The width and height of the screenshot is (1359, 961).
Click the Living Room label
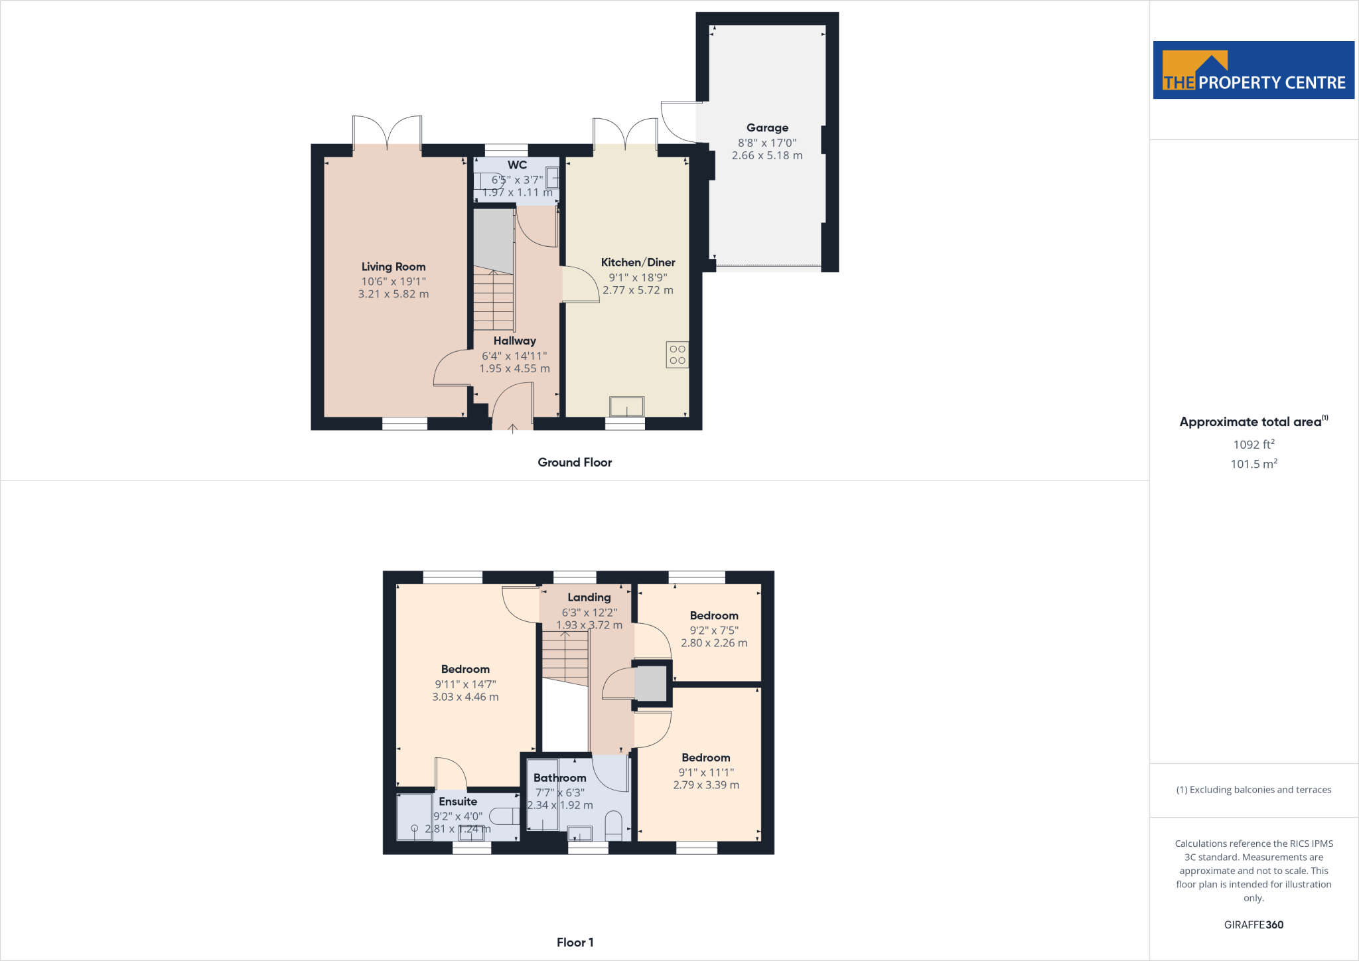coord(393,267)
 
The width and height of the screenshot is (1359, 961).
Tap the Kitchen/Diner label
coord(638,263)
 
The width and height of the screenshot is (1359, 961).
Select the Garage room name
coord(767,128)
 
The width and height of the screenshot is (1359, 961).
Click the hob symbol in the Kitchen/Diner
coord(677,355)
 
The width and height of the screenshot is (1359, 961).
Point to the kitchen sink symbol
coord(626,406)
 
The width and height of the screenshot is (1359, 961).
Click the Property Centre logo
coord(1253,70)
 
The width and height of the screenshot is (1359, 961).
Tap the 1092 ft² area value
coord(1253,445)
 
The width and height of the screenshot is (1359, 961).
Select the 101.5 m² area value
coord(1253,464)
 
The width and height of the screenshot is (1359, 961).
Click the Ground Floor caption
coord(575,463)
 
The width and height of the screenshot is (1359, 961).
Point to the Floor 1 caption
coord(575,942)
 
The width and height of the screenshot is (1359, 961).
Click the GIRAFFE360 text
coord(1253,924)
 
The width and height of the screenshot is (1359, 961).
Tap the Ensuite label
coord(458,802)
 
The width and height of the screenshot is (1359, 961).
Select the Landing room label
coord(589,597)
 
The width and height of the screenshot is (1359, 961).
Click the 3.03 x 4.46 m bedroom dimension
coord(465,697)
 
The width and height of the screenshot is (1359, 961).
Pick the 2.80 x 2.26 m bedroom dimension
coord(714,643)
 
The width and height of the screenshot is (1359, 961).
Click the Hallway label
coord(514,341)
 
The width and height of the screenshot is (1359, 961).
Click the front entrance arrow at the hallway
coord(512,429)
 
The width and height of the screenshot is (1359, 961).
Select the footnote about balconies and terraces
coord(1253,790)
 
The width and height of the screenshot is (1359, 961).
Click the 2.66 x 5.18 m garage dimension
coord(767,155)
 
